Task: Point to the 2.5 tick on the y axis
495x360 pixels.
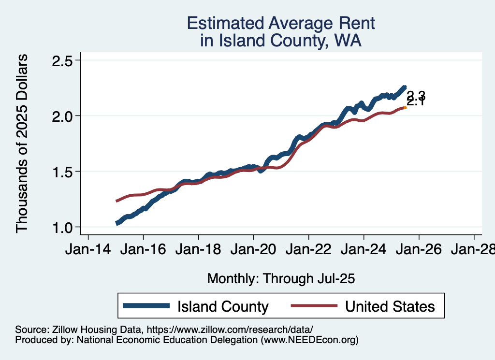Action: pos(62,61)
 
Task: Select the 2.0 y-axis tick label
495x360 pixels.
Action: pos(62,116)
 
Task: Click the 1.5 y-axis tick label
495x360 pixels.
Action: pos(62,172)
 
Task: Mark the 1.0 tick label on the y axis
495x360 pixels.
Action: pos(62,227)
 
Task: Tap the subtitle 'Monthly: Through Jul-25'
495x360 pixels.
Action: pos(281,278)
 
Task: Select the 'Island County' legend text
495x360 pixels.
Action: pos(223,306)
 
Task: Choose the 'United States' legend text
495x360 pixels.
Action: pos(390,306)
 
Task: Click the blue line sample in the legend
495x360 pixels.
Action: pos(146,306)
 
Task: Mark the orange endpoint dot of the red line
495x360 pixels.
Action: pos(405,108)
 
